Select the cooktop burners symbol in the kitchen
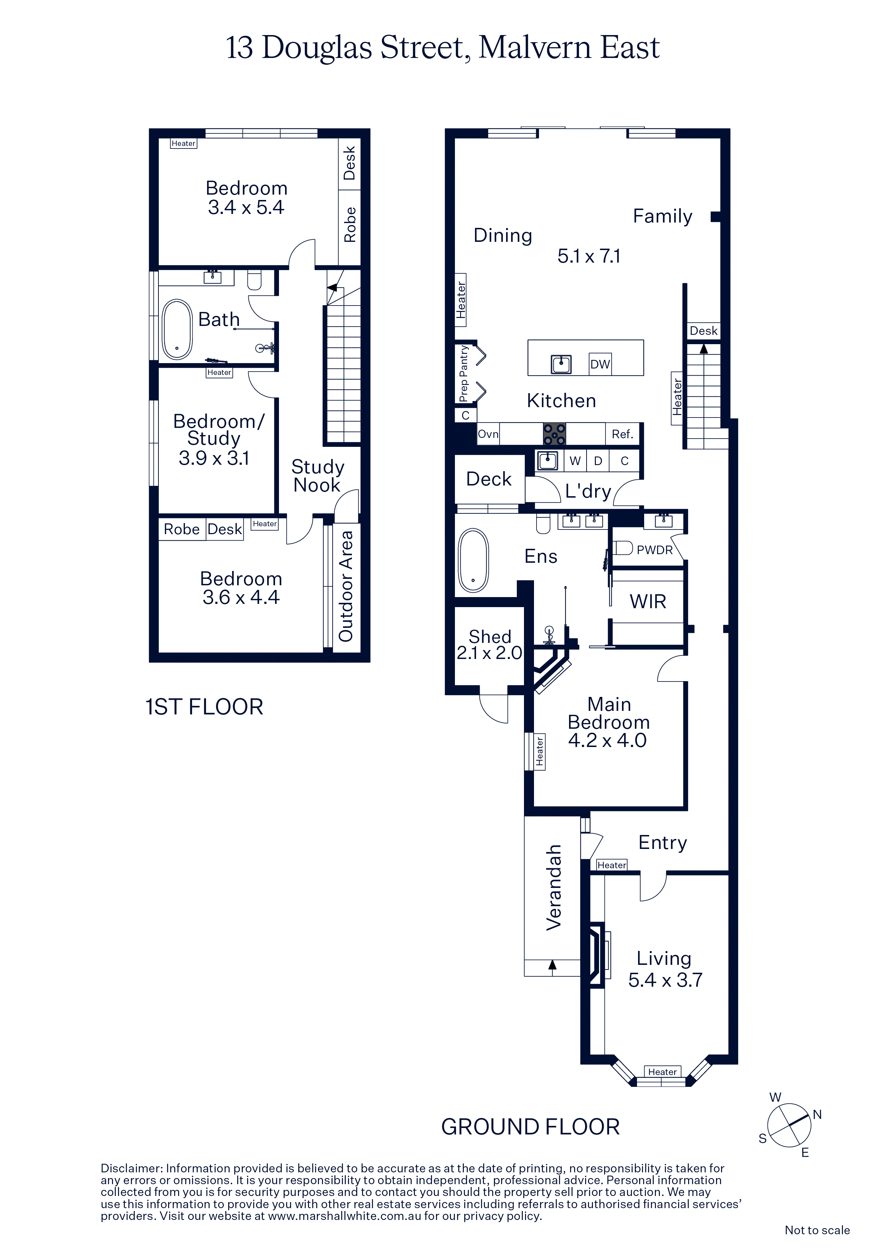pyautogui.click(x=554, y=434)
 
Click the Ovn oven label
pyautogui.click(x=488, y=434)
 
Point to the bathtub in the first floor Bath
pyautogui.click(x=177, y=329)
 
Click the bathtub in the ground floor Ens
pyautogui.click(x=473, y=560)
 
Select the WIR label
pyautogui.click(x=648, y=602)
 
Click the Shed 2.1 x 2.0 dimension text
pyautogui.click(x=489, y=653)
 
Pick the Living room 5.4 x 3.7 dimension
pyautogui.click(x=665, y=980)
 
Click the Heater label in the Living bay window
pyautogui.click(x=662, y=1072)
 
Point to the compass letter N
pyautogui.click(x=817, y=1114)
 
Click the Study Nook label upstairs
pyautogui.click(x=318, y=475)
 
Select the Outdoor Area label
pyautogui.click(x=346, y=586)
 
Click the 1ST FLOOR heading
pyautogui.click(x=204, y=707)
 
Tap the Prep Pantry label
pyautogui.click(x=464, y=373)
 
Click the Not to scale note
pyautogui.click(x=817, y=1230)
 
